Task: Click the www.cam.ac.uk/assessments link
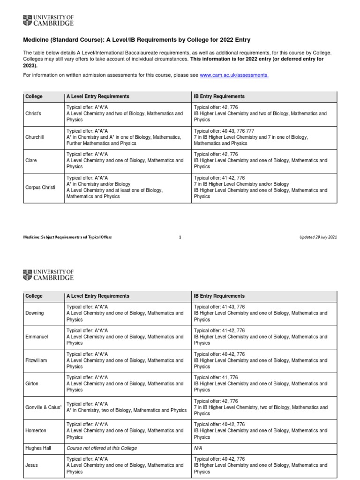(234, 75)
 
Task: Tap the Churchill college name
(35, 137)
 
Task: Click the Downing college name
(35, 313)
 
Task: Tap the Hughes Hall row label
(38, 448)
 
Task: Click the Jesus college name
(32, 465)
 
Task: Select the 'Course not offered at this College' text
(102, 448)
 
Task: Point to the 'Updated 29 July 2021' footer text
(318, 237)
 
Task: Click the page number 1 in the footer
(180, 237)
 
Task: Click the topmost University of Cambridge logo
(48, 20)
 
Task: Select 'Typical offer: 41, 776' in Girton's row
(219, 377)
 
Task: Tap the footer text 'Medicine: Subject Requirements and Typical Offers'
(68, 237)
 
